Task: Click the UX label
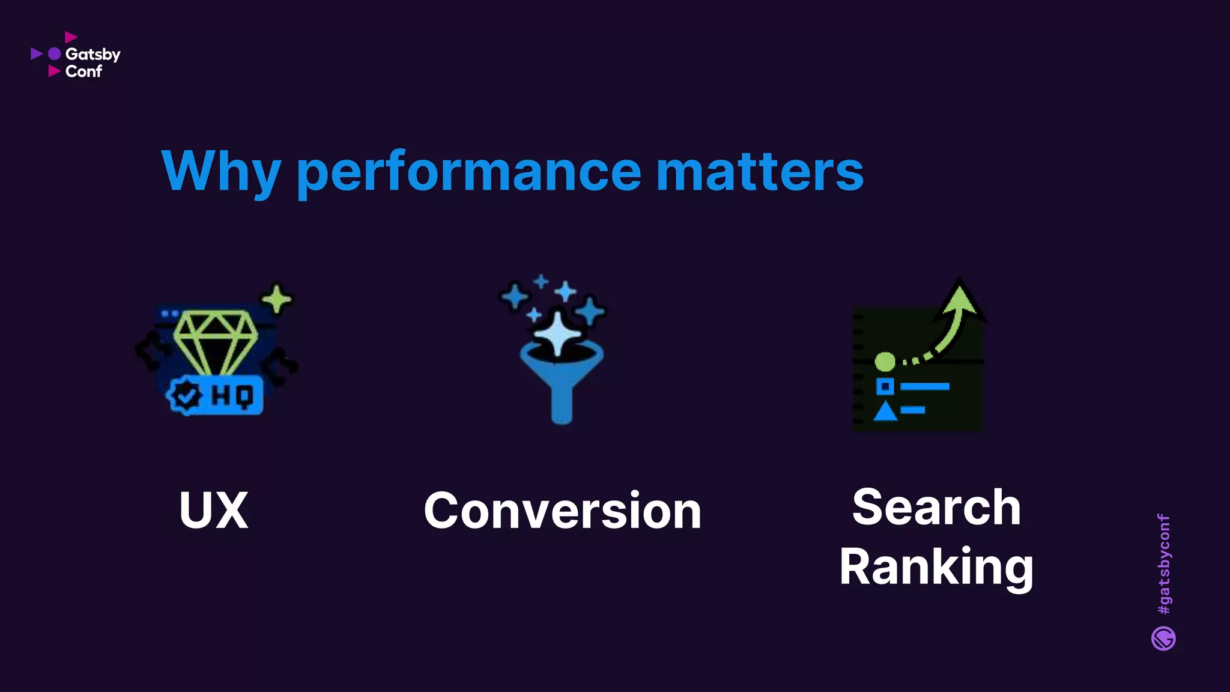click(x=214, y=510)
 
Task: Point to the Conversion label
click(x=562, y=510)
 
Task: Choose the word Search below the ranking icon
click(x=936, y=507)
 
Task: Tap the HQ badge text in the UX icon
click(x=232, y=396)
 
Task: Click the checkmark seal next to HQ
click(x=186, y=396)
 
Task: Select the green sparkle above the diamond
click(x=276, y=299)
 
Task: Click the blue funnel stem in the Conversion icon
click(x=562, y=402)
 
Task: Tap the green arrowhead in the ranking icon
click(x=960, y=299)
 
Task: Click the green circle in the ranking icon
click(x=885, y=362)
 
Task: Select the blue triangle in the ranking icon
click(x=885, y=411)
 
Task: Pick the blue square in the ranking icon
click(x=885, y=386)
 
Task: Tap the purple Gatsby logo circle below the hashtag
click(x=1163, y=639)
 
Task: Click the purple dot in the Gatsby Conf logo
click(x=55, y=54)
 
